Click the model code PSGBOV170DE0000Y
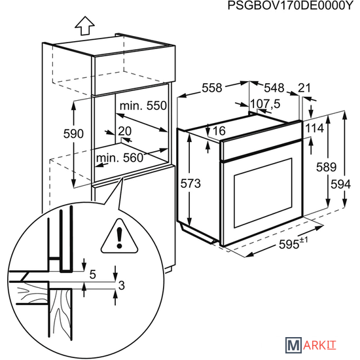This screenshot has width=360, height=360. point(290,5)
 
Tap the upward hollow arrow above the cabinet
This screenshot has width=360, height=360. point(84,26)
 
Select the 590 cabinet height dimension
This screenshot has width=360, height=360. point(73,134)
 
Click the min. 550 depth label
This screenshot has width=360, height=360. point(143,106)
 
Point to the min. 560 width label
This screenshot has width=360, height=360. point(120,158)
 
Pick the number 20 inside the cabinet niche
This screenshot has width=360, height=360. point(124,131)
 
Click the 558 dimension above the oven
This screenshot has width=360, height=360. point(212,88)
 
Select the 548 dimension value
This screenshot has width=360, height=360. point(274,88)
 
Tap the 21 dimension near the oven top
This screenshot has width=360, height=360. point(304,88)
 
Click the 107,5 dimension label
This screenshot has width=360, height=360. point(265,104)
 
